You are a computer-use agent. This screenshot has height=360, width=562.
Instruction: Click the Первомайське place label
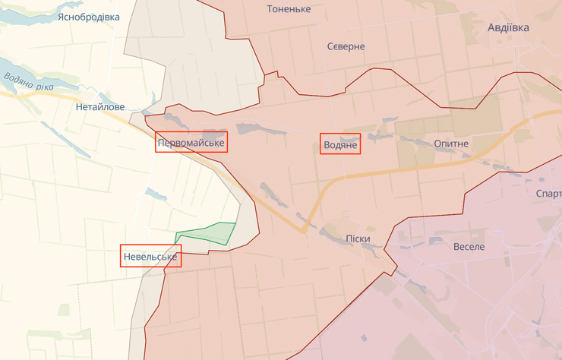191,142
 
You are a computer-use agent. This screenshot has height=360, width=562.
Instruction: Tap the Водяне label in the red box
339,144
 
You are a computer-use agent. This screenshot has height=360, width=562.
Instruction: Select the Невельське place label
150,257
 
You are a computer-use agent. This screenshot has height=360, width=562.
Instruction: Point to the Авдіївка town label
508,27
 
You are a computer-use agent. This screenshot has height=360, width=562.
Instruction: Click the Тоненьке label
289,9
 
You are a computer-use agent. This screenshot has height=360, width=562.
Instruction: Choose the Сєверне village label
346,46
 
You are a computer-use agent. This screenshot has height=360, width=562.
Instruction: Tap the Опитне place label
451,143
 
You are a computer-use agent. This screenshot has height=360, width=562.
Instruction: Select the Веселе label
469,246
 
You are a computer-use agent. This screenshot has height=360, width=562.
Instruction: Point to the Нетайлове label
100,107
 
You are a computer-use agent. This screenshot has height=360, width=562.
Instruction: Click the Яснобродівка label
89,16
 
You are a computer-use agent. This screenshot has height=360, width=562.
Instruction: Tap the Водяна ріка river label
29,80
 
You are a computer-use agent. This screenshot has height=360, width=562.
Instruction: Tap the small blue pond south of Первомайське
156,196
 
